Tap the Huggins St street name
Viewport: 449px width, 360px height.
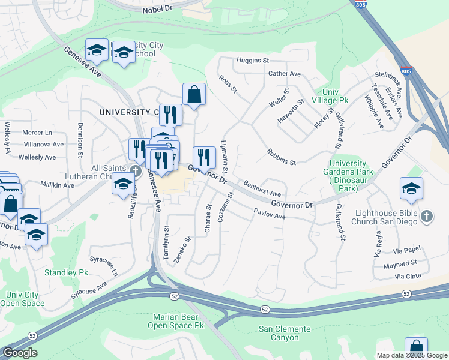tap(252, 61)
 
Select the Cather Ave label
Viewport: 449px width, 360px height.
tap(285, 74)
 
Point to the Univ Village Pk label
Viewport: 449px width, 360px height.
tap(331, 97)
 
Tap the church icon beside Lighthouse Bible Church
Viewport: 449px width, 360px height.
tap(426, 216)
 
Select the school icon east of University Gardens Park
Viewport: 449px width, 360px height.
tap(411, 188)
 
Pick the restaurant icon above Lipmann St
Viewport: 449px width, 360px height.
tap(204, 157)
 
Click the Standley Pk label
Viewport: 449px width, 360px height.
tap(66, 272)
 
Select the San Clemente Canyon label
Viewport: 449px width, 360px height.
tap(285, 333)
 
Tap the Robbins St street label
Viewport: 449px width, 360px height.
tap(282, 158)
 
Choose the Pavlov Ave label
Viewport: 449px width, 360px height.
tap(269, 214)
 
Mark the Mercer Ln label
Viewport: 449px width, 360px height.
tap(37, 131)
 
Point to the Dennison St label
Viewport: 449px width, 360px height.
tap(80, 139)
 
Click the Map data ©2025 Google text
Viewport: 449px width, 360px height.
tap(411, 355)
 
